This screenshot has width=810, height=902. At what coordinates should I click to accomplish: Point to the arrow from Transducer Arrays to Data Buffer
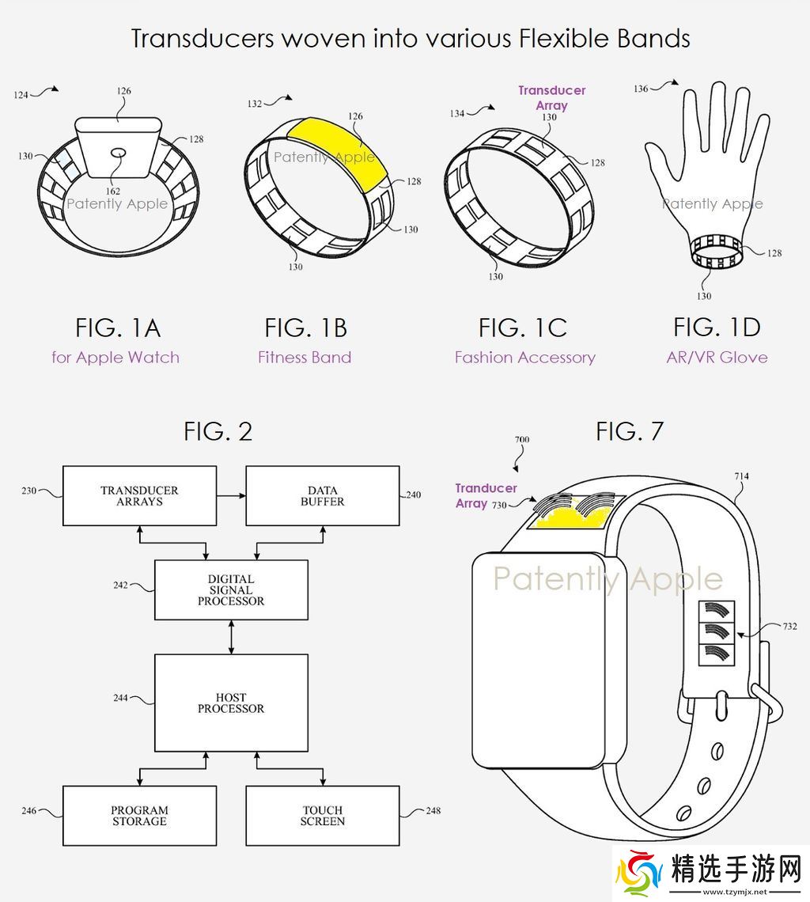tap(231, 495)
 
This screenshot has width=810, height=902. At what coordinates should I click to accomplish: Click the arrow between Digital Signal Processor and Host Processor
tap(231, 637)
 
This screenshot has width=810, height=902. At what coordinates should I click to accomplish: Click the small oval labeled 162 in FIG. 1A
tap(118, 153)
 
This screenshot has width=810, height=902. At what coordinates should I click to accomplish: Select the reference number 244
tap(120, 698)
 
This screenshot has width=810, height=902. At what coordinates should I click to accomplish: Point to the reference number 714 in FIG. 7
tap(741, 476)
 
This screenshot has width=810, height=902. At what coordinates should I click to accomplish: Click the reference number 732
tap(790, 626)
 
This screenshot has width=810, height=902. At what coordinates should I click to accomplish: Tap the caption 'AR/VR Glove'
tap(717, 357)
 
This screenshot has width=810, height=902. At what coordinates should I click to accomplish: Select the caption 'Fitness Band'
tap(305, 357)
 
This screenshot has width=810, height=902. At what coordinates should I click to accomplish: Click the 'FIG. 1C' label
tap(522, 328)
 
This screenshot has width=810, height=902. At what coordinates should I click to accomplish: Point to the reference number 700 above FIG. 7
tap(522, 439)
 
